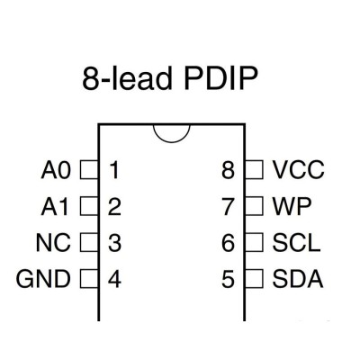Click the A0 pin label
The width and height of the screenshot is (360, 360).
coord(56,170)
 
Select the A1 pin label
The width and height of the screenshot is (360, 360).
coord(55,206)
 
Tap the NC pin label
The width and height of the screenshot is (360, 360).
coord(53,242)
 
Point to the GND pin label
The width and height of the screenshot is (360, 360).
coord(43,279)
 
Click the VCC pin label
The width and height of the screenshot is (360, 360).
coord(298,170)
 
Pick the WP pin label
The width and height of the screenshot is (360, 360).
coord(292,206)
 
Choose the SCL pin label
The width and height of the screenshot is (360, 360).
coord(296,242)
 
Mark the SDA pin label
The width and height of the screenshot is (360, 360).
coord(298,279)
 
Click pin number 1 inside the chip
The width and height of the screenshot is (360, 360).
coord(114,170)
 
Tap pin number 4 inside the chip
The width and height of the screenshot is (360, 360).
coord(114,279)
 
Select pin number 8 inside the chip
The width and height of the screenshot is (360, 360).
coord(228,170)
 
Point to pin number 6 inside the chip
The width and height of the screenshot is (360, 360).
coord(228,243)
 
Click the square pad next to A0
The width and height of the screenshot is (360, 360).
coord(89,170)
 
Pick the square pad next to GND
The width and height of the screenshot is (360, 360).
coord(89,279)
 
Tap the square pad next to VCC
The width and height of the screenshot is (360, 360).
coord(254,170)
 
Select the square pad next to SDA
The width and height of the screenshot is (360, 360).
coord(254,279)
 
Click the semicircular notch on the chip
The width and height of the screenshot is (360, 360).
coord(172,142)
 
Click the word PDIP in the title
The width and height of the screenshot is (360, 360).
coord(220,78)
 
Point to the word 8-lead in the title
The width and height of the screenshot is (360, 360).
coord(127,78)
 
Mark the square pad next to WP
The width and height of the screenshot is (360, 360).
coord(254,206)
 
